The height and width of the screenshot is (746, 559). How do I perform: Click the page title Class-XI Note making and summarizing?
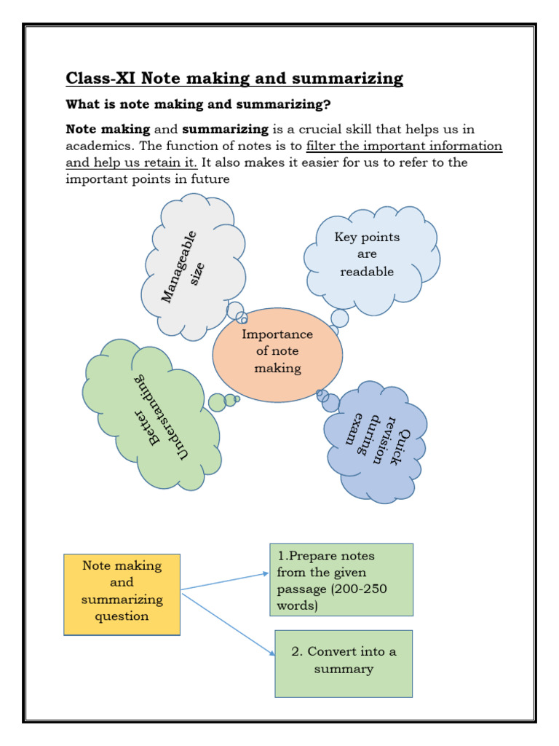coord(234,78)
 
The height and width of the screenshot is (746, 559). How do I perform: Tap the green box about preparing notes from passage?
coord(341,579)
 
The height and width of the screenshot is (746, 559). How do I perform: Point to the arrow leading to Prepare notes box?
coord(226,581)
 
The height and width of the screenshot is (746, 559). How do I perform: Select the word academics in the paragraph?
coord(98,146)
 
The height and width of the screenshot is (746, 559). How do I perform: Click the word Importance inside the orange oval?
coord(277,334)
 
